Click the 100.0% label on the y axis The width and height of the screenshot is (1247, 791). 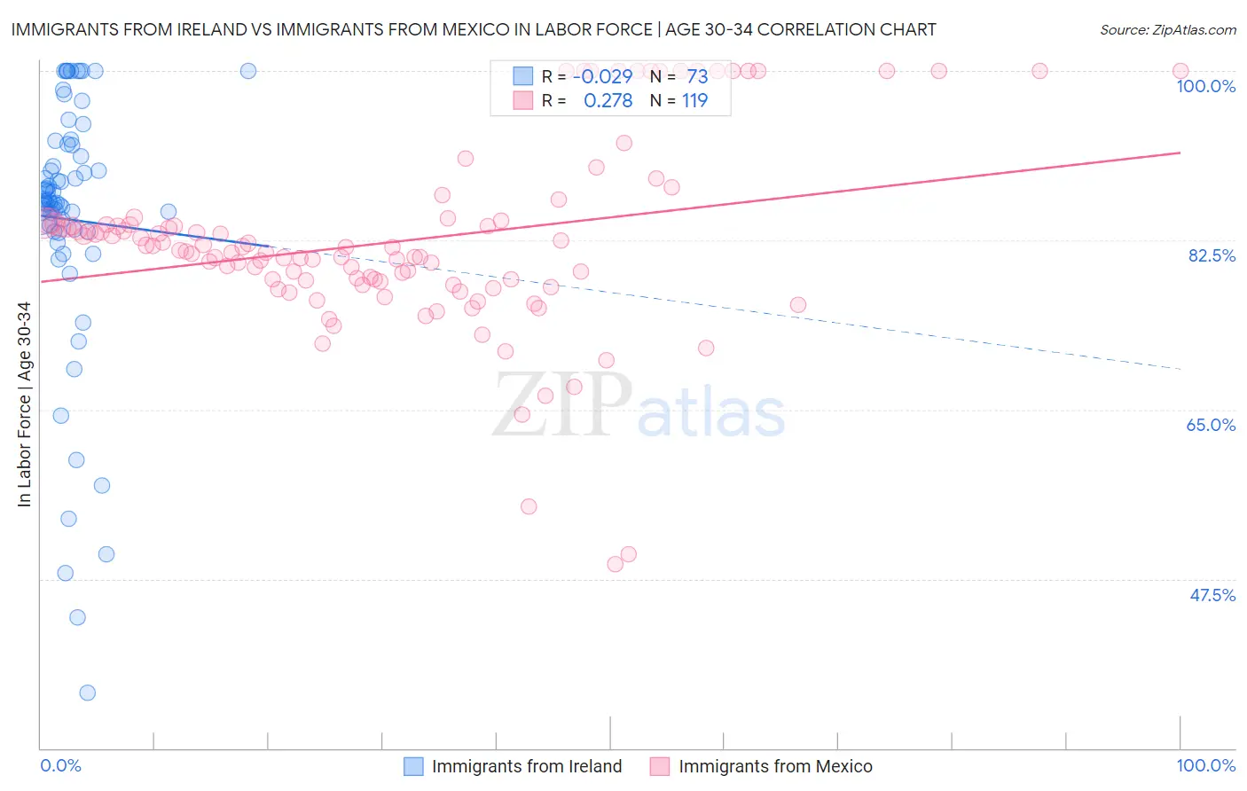(1205, 86)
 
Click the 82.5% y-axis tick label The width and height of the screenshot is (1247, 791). (1211, 255)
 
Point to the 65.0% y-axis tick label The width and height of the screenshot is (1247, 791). (1211, 425)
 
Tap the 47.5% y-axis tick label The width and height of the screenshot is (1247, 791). (1212, 595)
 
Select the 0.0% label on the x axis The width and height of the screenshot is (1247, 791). (60, 765)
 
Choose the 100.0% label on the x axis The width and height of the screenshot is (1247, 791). (1205, 765)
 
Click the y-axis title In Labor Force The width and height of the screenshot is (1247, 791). (24, 404)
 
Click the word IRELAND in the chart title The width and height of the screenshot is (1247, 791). (207, 29)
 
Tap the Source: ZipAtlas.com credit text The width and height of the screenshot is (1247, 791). (1167, 29)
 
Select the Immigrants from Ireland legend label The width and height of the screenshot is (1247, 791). (526, 766)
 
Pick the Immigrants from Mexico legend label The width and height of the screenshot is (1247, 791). (775, 766)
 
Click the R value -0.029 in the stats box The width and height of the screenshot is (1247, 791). (602, 77)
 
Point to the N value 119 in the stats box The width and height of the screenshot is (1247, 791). (694, 101)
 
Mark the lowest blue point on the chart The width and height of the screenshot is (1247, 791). (87, 693)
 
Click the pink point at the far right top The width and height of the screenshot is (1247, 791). (1180, 71)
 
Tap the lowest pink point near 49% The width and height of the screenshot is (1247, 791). (615, 564)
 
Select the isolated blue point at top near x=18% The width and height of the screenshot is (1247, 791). (248, 71)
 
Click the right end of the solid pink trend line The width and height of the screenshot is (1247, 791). (1180, 153)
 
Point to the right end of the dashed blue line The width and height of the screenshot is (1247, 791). (1180, 368)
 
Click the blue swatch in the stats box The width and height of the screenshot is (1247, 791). (523, 77)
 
